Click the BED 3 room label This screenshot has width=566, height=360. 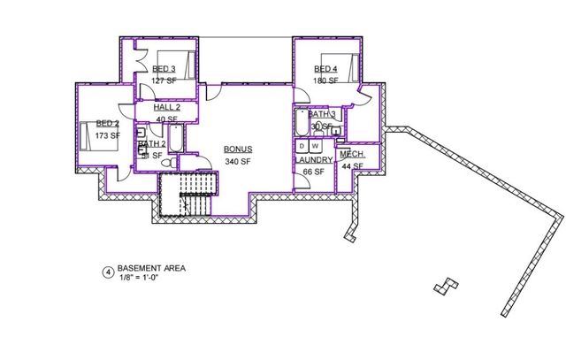pos(164,69)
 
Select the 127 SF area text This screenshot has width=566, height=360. pos(164,80)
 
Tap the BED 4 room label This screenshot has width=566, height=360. pos(325,69)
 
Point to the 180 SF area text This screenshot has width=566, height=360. pos(325,80)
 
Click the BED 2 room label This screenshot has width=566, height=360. pos(107,124)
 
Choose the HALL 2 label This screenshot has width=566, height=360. pos(166,106)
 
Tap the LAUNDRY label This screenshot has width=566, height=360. pos(315,160)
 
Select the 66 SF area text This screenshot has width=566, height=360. pos(315,172)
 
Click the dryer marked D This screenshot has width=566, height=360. pos(302,144)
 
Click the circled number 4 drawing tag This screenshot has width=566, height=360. pos(108,272)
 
